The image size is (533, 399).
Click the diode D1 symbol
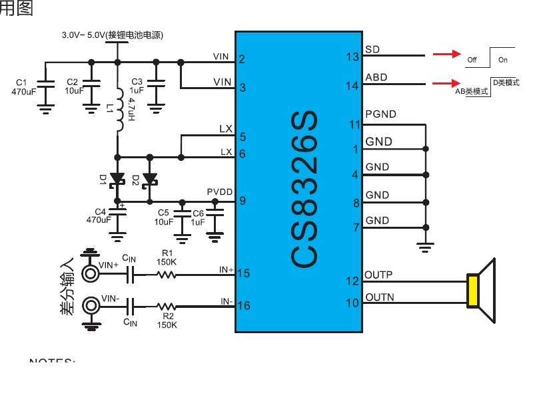click(118, 179)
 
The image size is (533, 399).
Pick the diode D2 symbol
click(150, 179)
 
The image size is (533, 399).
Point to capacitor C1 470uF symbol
click(45, 84)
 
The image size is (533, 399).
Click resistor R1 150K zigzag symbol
click(167, 273)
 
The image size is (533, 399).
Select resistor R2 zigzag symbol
click(167, 306)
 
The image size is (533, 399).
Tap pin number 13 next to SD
click(353, 57)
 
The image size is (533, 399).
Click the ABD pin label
click(376, 77)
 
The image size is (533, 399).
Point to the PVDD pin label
click(219, 192)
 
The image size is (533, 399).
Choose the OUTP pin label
click(378, 275)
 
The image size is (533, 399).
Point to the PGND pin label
click(380, 114)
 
